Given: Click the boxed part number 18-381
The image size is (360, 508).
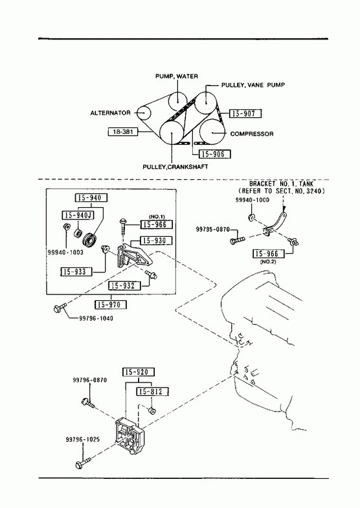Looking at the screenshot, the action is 123,132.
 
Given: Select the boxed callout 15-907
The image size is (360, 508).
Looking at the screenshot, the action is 245,113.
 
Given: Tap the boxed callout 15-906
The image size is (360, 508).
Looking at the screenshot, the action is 214,154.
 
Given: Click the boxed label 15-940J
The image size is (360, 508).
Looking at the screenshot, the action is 78,215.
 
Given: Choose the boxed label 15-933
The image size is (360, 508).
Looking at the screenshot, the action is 76,272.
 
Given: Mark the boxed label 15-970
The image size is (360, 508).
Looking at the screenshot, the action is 111,305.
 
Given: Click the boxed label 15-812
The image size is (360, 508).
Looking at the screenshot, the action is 153,392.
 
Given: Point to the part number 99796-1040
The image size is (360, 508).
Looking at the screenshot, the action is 96,318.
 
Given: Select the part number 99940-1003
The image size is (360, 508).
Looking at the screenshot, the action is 65,252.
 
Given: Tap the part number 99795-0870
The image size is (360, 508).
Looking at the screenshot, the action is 212,229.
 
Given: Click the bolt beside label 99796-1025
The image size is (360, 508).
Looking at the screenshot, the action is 83,462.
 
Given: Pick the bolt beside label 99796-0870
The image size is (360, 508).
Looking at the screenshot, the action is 88,403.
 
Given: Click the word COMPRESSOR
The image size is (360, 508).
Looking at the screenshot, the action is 252,134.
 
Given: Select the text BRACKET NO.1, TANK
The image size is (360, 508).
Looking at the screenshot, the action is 281,184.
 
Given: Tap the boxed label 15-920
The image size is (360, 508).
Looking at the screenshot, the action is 139,372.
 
